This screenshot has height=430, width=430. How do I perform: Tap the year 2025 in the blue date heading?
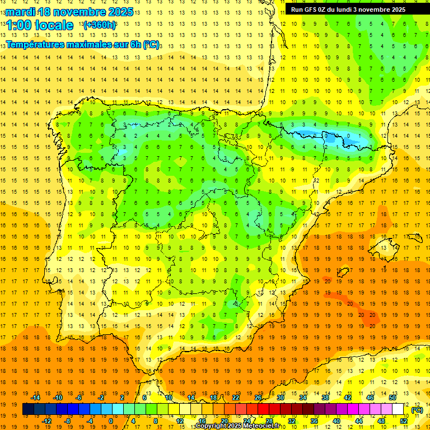(x=119, y=12)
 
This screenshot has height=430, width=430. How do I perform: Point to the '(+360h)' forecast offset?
(x=100, y=25)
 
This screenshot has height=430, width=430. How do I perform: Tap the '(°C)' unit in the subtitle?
(x=151, y=44)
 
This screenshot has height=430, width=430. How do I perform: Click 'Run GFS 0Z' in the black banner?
(x=310, y=10)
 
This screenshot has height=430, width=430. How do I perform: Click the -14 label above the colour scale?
(x=35, y=398)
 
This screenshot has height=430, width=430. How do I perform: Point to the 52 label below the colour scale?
(x=403, y=421)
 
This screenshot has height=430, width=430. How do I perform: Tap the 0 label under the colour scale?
(x=111, y=421)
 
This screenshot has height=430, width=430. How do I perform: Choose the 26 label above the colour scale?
(x=258, y=398)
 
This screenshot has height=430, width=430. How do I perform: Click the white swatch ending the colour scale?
(x=398, y=409)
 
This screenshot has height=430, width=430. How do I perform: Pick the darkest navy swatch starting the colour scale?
(x=28, y=409)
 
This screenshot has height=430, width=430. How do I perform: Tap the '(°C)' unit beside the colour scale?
(x=417, y=410)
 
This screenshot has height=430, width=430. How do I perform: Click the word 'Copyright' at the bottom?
(x=211, y=426)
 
